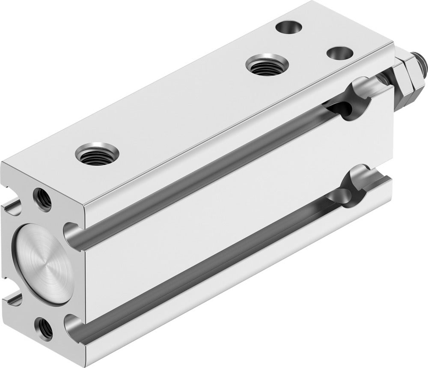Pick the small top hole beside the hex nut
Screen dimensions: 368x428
click(340, 54)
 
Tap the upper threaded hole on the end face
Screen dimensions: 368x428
click(42, 198)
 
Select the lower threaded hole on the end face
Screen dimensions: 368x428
click(45, 329)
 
